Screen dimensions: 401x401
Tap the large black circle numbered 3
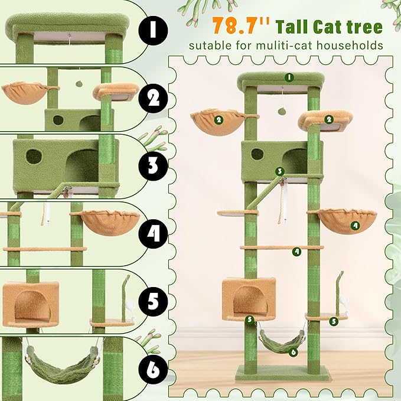(x=153, y=165)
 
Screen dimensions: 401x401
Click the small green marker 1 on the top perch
(x=289, y=77)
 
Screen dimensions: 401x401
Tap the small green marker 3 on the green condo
(x=281, y=171)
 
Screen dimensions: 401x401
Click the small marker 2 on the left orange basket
(x=219, y=119)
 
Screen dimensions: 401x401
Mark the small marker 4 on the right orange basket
(x=354, y=224)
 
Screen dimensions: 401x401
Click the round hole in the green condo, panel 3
(x=34, y=157)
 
